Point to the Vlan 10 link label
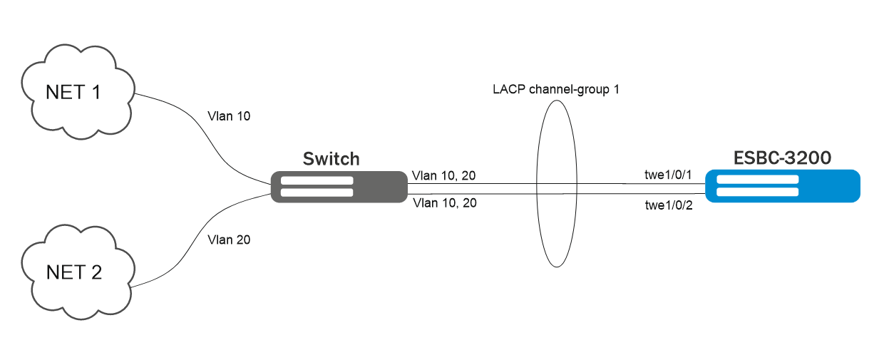228,115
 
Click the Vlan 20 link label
228,240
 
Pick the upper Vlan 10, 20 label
444,175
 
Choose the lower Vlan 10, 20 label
444,203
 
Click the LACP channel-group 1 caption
556,91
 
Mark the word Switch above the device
331,158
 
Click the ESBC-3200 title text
783,158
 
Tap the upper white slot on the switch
317,180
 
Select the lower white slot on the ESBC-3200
757,191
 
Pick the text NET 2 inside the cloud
73,272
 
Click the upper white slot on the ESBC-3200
757,180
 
